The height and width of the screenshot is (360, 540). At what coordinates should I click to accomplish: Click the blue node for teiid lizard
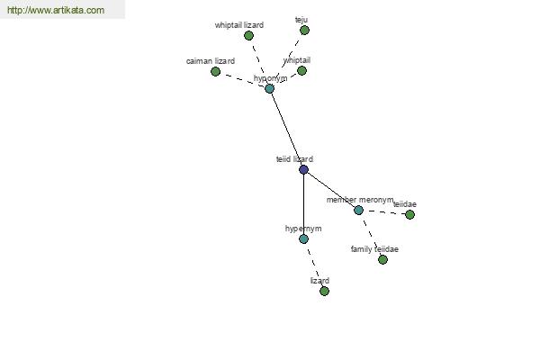(x=303, y=169)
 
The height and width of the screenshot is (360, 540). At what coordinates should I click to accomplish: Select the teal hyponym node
(x=269, y=88)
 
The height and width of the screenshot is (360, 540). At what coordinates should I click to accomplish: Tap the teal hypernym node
(x=303, y=238)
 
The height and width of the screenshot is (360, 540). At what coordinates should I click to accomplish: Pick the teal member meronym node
(x=358, y=210)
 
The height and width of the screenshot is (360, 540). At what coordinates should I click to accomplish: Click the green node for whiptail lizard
(x=248, y=35)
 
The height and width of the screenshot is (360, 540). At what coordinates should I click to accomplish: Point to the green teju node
(x=304, y=31)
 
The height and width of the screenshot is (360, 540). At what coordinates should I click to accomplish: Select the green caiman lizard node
(x=215, y=71)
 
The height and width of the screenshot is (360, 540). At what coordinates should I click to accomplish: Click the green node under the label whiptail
(x=301, y=70)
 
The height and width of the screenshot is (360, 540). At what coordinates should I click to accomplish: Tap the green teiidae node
(x=409, y=214)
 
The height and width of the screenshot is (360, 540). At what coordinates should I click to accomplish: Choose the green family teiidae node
(x=382, y=259)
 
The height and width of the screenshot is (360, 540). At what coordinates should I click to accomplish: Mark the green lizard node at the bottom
(x=324, y=291)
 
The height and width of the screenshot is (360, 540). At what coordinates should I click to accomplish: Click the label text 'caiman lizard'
(x=211, y=61)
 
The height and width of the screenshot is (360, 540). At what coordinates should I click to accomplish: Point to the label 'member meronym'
(x=360, y=200)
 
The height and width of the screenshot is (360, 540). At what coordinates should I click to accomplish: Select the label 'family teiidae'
(x=374, y=249)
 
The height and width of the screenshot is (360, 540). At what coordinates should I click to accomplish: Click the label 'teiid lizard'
(x=294, y=159)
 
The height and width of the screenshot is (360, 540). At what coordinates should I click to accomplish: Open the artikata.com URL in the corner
(x=56, y=10)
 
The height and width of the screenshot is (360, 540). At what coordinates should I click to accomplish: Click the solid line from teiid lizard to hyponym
(x=286, y=130)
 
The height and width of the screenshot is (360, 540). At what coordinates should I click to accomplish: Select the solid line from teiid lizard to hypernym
(x=303, y=204)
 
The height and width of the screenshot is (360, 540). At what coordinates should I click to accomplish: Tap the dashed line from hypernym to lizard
(x=314, y=265)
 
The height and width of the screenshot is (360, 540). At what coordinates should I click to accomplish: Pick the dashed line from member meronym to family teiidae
(x=371, y=235)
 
